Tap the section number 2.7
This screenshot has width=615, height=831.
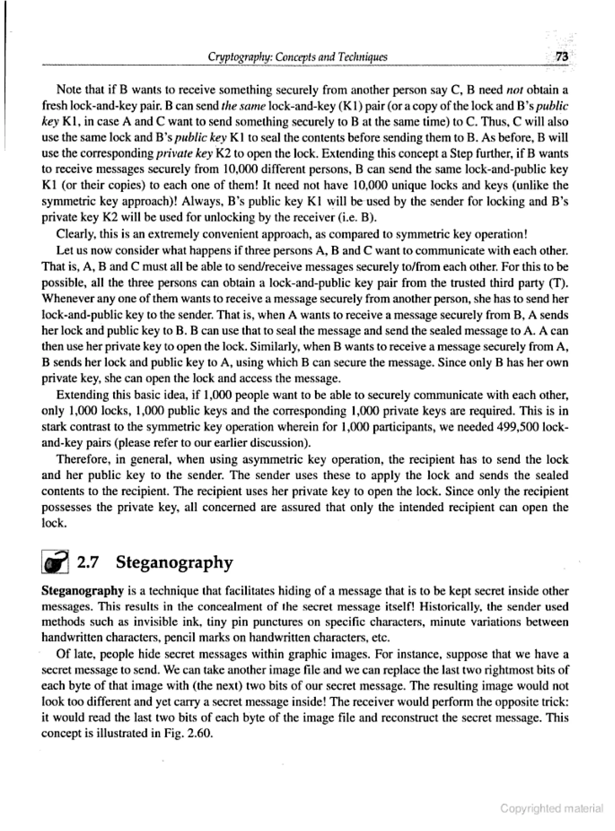pyautogui.click(x=87, y=562)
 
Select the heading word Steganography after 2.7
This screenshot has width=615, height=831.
pyautogui.click(x=174, y=563)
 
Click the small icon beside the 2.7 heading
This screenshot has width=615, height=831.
pyautogui.click(x=55, y=562)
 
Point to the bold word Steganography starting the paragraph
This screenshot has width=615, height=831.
pyautogui.click(x=82, y=591)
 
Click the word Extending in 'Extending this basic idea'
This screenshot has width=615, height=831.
pyautogui.click(x=81, y=395)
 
